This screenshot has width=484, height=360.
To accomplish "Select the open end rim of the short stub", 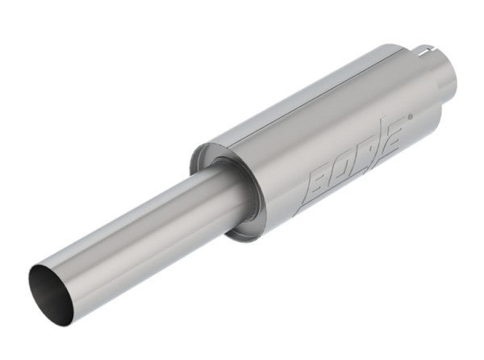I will pyautogui.click(x=450, y=71).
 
